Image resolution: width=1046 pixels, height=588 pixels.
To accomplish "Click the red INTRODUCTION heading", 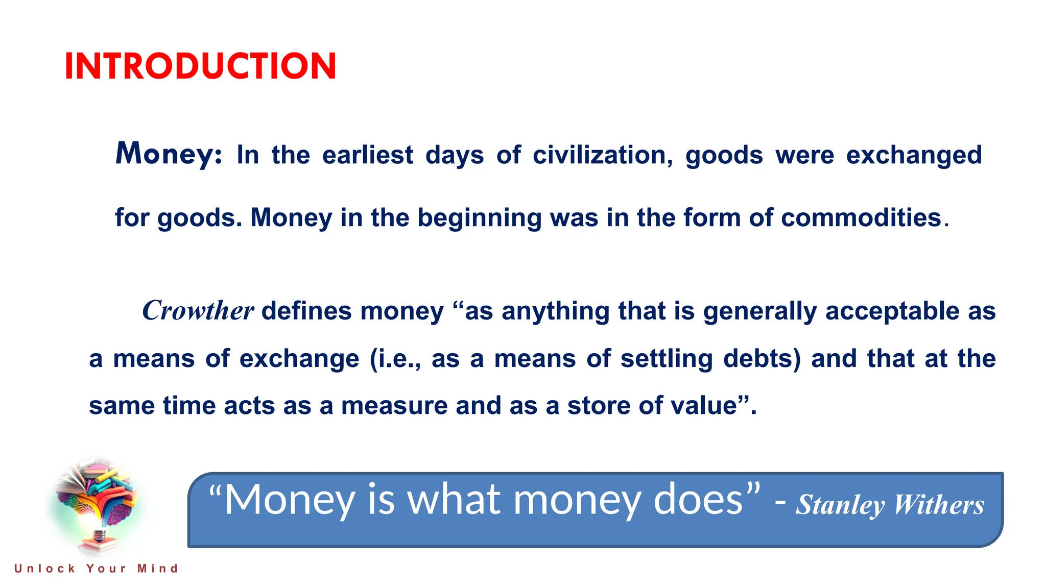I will pos(200,66).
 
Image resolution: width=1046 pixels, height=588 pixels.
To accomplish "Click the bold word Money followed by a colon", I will pos(169,154).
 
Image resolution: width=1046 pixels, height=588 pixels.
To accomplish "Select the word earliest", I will pos(368,155).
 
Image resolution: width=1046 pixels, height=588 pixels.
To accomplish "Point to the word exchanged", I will pos(914,155).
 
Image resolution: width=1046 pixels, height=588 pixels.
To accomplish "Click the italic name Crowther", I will pos(198,310).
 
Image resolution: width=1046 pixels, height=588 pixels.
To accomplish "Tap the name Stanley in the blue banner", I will pos(840,505).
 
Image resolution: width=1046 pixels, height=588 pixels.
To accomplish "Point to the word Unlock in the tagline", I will pos(45,569).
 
